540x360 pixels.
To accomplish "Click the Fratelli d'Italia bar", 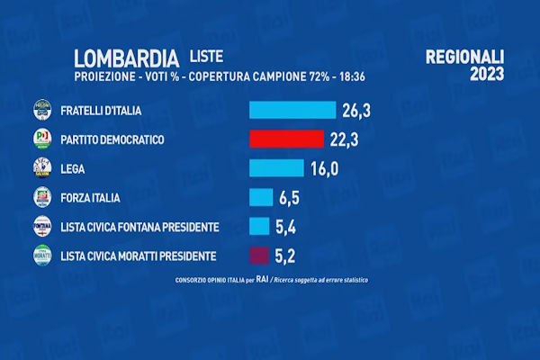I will pyautogui.click(x=292, y=111).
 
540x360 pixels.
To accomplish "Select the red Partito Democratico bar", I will pyautogui.click(x=286, y=139).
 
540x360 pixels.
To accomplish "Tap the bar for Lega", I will pyautogui.click(x=276, y=168).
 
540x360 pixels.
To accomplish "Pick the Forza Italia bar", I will pyautogui.click(x=261, y=197).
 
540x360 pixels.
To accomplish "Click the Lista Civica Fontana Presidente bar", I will pyautogui.click(x=259, y=226).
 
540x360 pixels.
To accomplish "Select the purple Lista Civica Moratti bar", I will pyautogui.click(x=258, y=255).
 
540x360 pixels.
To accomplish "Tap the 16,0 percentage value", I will pyautogui.click(x=326, y=168).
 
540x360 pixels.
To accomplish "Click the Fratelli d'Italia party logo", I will pyautogui.click(x=42, y=110).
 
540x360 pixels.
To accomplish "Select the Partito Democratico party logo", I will pyautogui.click(x=42, y=139).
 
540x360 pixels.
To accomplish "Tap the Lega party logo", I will pyautogui.click(x=42, y=167).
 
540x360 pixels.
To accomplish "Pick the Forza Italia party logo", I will pyautogui.click(x=42, y=197).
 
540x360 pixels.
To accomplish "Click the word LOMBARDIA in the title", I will pyautogui.click(x=126, y=58).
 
